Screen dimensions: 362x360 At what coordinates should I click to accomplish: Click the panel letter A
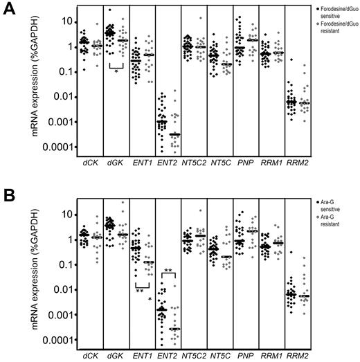tap(8, 8)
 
